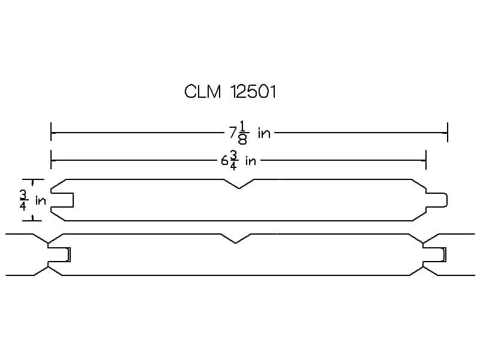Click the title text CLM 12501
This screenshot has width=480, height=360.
[x=230, y=92]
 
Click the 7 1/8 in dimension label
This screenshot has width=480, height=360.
[x=250, y=133]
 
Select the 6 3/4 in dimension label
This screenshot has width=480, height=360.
[x=238, y=160]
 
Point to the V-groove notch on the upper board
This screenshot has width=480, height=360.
[x=239, y=184]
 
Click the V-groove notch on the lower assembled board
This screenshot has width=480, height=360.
[x=236, y=238]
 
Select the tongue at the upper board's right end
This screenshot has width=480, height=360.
[x=437, y=200]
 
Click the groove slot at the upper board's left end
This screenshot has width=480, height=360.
[x=62, y=200]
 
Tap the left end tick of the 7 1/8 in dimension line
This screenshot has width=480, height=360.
[x=51, y=132]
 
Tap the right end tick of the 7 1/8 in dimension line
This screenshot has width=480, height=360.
[x=448, y=132]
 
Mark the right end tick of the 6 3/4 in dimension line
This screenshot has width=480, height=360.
[x=426, y=160]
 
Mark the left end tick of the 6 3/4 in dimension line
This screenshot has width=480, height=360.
[x=51, y=160]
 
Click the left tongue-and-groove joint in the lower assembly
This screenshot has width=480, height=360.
[x=59, y=254]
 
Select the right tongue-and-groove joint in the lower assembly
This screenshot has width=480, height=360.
[x=434, y=254]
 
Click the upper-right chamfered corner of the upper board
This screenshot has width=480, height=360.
[x=418, y=184]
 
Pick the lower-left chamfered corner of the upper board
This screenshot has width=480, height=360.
[x=58, y=216]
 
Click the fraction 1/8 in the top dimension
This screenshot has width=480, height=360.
[x=242, y=133]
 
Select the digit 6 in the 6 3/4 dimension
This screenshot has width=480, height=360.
[x=224, y=161]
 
